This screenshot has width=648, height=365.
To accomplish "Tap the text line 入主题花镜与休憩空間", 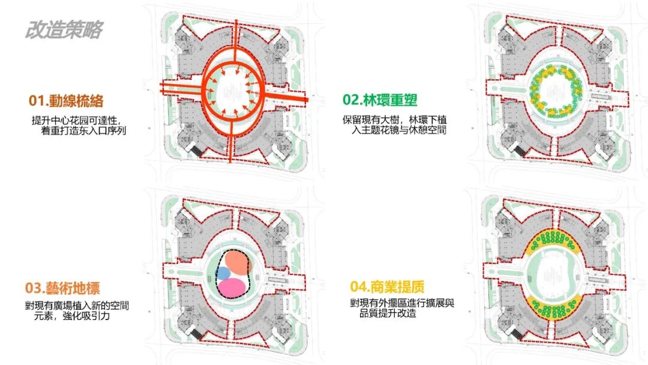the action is coord(399,130).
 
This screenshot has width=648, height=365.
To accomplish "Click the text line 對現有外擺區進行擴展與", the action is coord(403,304).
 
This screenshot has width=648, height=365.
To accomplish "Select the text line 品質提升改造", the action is coord(385,314).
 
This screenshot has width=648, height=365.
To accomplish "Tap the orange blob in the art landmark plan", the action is coord(238,263).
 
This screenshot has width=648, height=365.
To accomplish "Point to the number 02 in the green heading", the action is coord(350,100).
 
